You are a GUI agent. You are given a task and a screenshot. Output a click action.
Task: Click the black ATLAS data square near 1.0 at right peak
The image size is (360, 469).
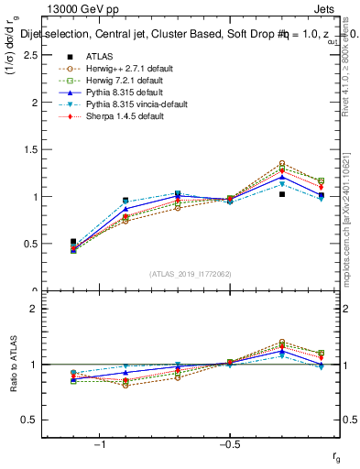pyautogui.click(x=282, y=194)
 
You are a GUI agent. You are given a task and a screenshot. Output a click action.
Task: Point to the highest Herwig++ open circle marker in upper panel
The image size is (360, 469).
pyautogui.click(x=282, y=163)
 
